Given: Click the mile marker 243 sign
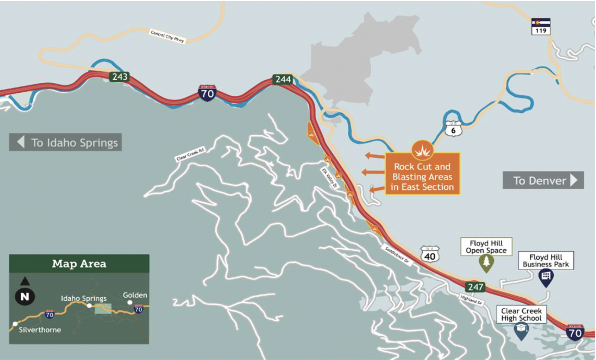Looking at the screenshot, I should pyautogui.click(x=119, y=76).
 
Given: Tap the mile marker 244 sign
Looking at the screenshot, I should pyautogui.click(x=283, y=79).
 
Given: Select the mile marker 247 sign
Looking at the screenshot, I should pyautogui.click(x=475, y=286).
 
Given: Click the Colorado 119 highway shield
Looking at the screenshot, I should pyautogui.click(x=541, y=26).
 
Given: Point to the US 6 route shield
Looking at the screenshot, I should pyautogui.click(x=453, y=129).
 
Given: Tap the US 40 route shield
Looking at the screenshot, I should pyautogui.click(x=429, y=255).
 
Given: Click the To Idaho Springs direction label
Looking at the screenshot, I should pyautogui.click(x=66, y=142).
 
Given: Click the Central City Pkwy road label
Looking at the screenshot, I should pyautogui.click(x=168, y=36).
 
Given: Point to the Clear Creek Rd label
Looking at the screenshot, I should pyautogui.click(x=190, y=154).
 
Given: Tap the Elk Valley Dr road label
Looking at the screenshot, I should pyautogui.click(x=329, y=178).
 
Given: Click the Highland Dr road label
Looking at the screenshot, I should pyautogui.click(x=471, y=300).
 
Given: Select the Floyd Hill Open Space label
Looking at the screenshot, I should pyautogui.click(x=486, y=247).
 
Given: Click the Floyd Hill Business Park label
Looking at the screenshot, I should pyautogui.click(x=546, y=260).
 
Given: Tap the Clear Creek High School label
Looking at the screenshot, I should pyautogui.click(x=521, y=314).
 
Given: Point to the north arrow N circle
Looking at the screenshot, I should pyautogui.click(x=25, y=296).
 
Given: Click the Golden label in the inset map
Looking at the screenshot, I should pyautogui.click(x=135, y=295).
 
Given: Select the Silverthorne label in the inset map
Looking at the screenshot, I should pyautogui.click(x=40, y=330).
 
